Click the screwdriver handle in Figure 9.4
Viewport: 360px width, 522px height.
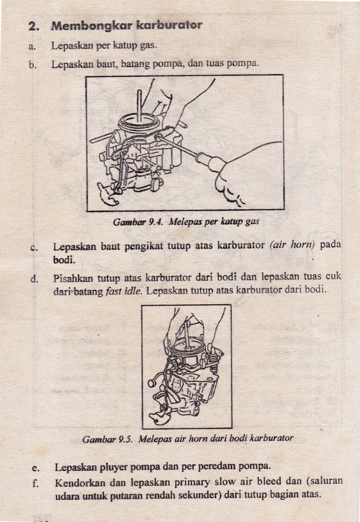pos(215,163)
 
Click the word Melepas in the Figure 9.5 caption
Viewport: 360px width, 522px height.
pos(155,439)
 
